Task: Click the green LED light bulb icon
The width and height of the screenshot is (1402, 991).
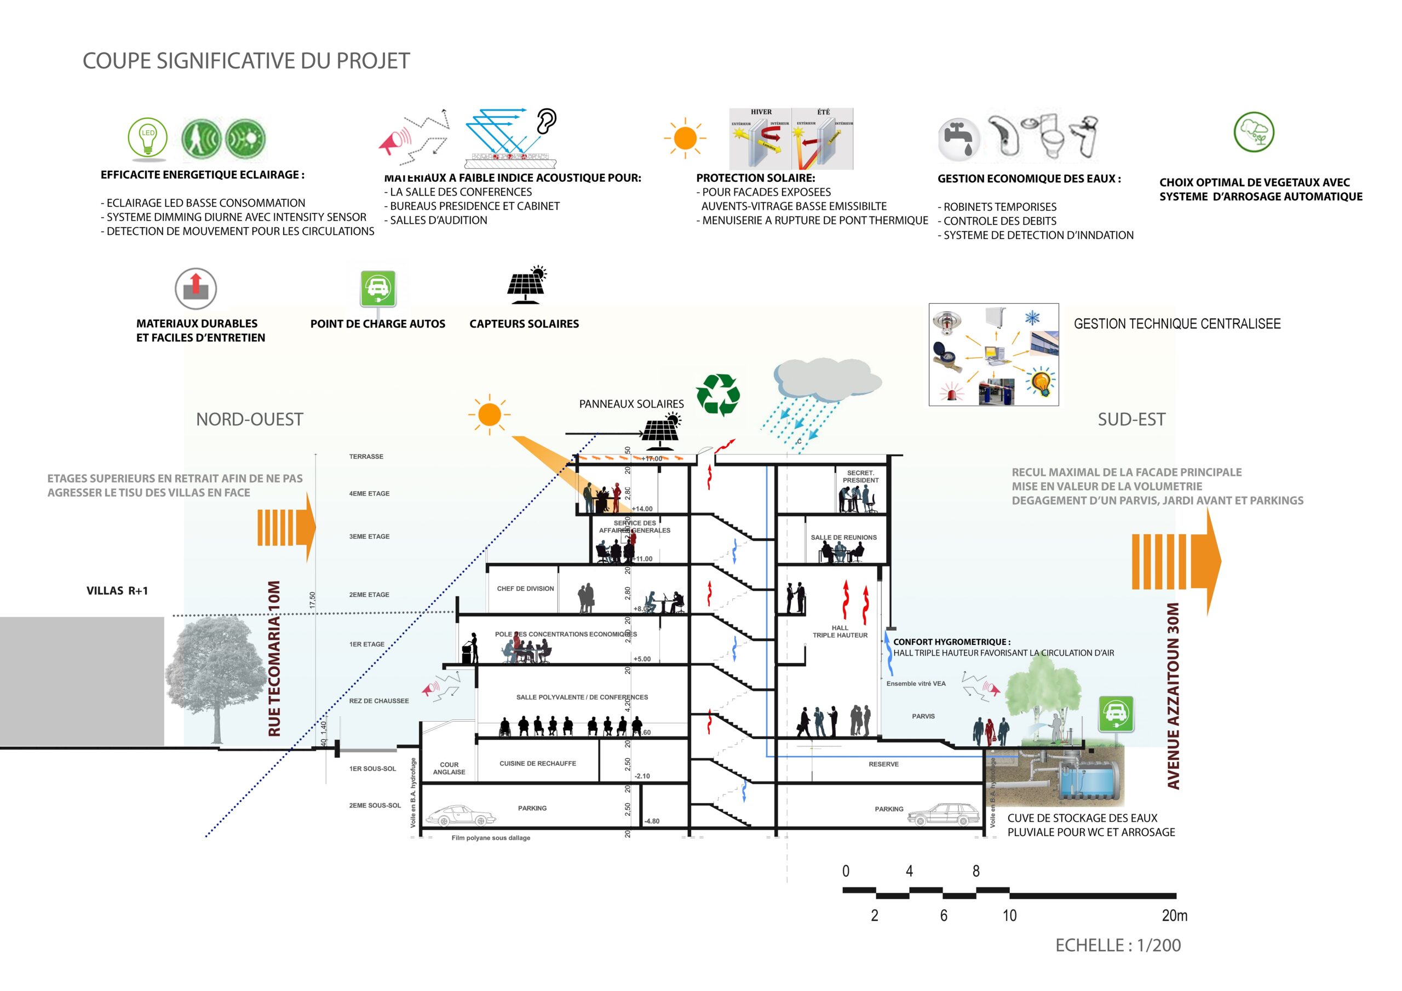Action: point(147,137)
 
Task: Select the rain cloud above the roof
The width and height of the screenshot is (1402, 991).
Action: point(826,380)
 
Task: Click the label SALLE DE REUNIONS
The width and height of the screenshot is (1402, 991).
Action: point(843,537)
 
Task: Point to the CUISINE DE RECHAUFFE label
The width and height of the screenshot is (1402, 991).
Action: point(537,763)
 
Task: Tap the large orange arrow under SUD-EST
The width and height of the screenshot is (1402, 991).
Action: point(1176,561)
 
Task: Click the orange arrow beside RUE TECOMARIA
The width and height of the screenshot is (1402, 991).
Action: point(286,528)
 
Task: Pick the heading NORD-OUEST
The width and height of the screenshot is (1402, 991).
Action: point(249,419)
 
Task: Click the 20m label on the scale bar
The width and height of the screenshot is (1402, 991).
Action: point(1174,916)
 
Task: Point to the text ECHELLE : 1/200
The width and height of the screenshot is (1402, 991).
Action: point(1117,945)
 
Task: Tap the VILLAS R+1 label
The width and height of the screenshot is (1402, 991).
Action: point(117,590)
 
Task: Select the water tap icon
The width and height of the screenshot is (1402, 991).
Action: point(959,139)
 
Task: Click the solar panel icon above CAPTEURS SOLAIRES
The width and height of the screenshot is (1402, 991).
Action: point(526,285)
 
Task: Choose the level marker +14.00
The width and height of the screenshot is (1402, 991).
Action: point(642,509)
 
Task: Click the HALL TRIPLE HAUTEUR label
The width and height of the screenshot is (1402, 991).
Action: point(840,631)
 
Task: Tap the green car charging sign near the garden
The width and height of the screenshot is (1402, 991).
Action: point(1116,714)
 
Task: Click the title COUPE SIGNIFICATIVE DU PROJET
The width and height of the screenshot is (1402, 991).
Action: point(246,61)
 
